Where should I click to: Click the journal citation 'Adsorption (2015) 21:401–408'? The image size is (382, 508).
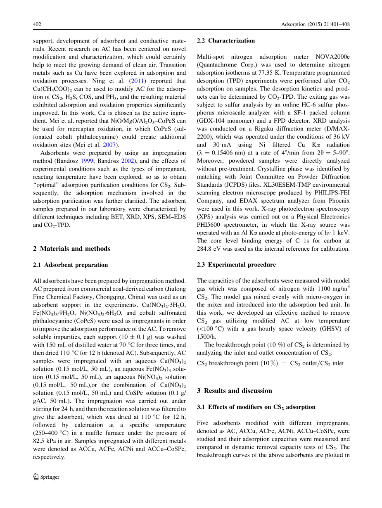tap(312, 24)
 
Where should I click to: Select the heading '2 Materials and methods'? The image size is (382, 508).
tap(71, 249)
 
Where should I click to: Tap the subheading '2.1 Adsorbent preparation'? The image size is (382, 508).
tap(70, 265)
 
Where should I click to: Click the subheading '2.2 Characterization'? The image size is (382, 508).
tap(226, 40)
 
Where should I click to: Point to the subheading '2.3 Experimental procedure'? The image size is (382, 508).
tap(236, 265)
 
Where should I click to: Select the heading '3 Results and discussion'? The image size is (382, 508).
tap(235, 391)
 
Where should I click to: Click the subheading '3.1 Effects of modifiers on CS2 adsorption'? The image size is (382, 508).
tap(256, 407)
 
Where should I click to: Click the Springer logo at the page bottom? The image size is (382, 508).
tap(46, 477)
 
